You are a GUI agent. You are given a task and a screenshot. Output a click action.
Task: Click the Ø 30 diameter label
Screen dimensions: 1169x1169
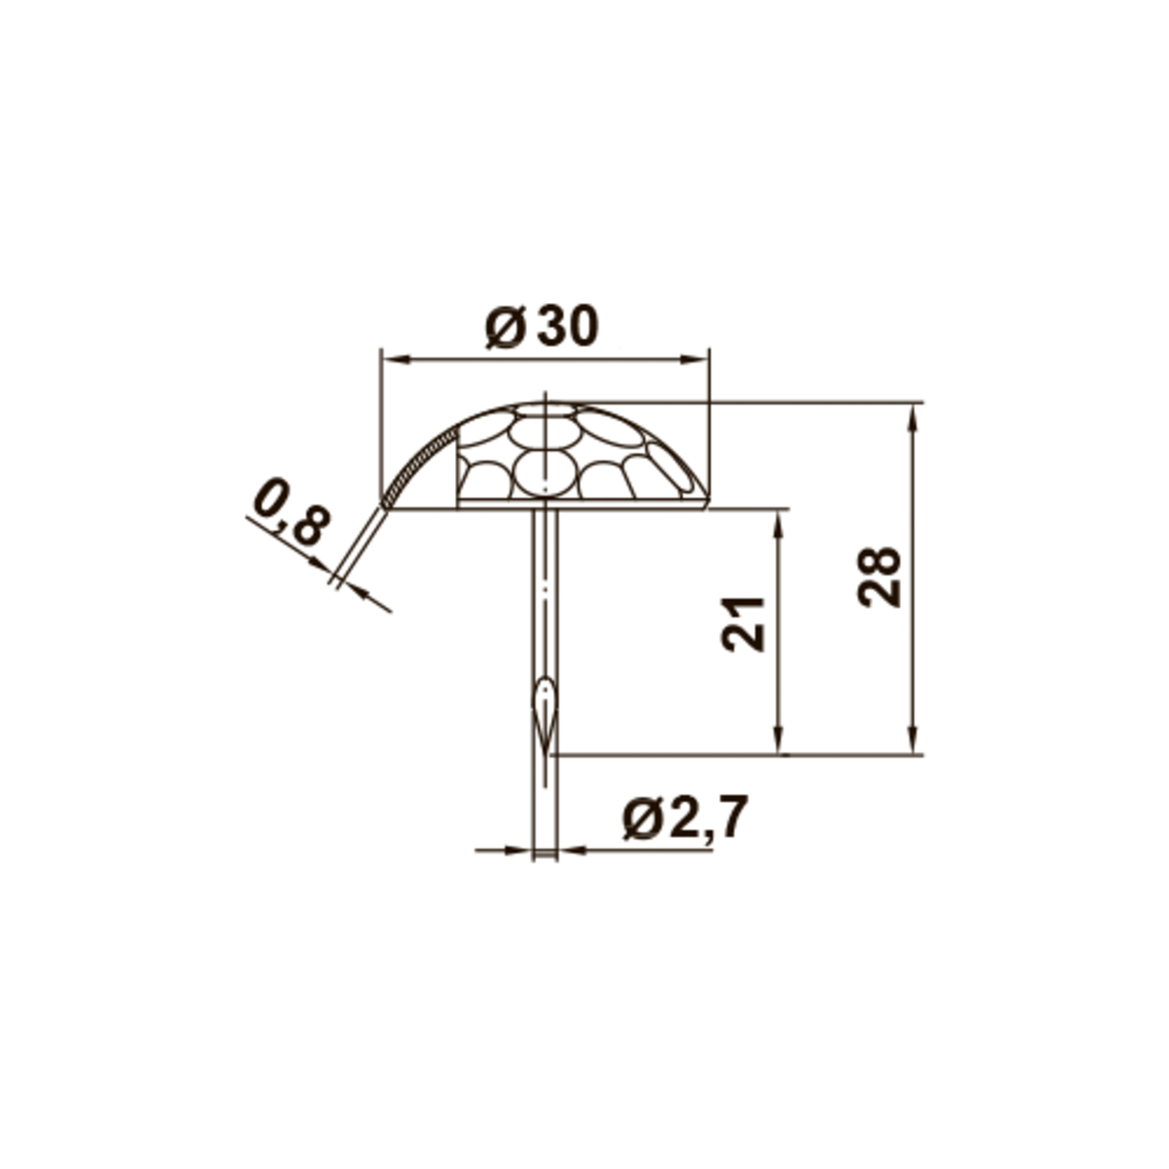click(542, 327)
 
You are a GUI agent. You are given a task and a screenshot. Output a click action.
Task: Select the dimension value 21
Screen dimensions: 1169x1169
click(743, 624)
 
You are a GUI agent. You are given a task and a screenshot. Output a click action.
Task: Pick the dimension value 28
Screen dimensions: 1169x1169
click(879, 577)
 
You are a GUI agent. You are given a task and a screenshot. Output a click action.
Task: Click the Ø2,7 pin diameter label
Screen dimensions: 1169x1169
click(685, 817)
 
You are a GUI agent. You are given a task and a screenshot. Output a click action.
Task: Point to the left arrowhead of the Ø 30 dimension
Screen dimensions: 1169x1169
click(396, 359)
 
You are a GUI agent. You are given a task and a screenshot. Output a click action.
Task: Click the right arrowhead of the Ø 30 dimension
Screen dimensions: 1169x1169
click(694, 359)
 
